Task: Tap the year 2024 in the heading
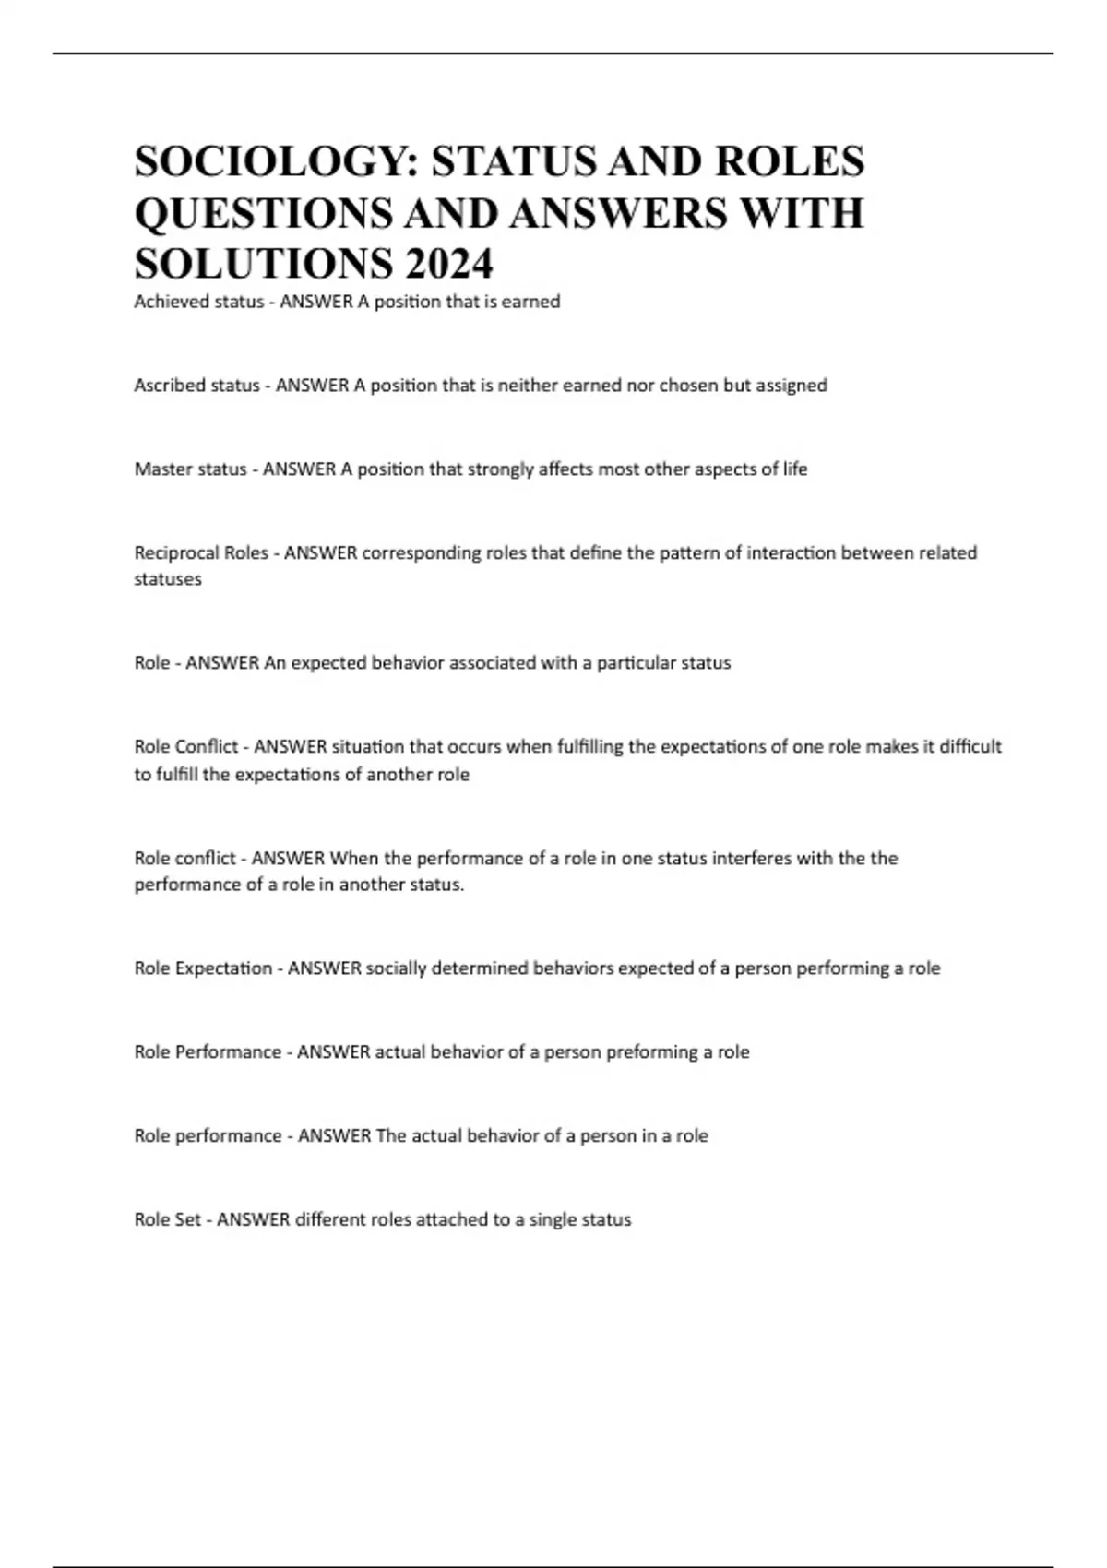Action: click(x=448, y=265)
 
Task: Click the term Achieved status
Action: click(x=198, y=302)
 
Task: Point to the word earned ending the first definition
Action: click(x=530, y=302)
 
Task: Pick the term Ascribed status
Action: click(x=196, y=386)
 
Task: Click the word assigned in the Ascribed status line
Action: click(x=792, y=386)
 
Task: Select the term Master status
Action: click(x=190, y=469)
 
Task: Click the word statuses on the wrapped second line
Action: click(x=168, y=579)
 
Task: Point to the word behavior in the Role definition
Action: click(x=402, y=663)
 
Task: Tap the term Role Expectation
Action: click(x=203, y=968)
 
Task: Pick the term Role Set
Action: click(x=167, y=1219)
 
